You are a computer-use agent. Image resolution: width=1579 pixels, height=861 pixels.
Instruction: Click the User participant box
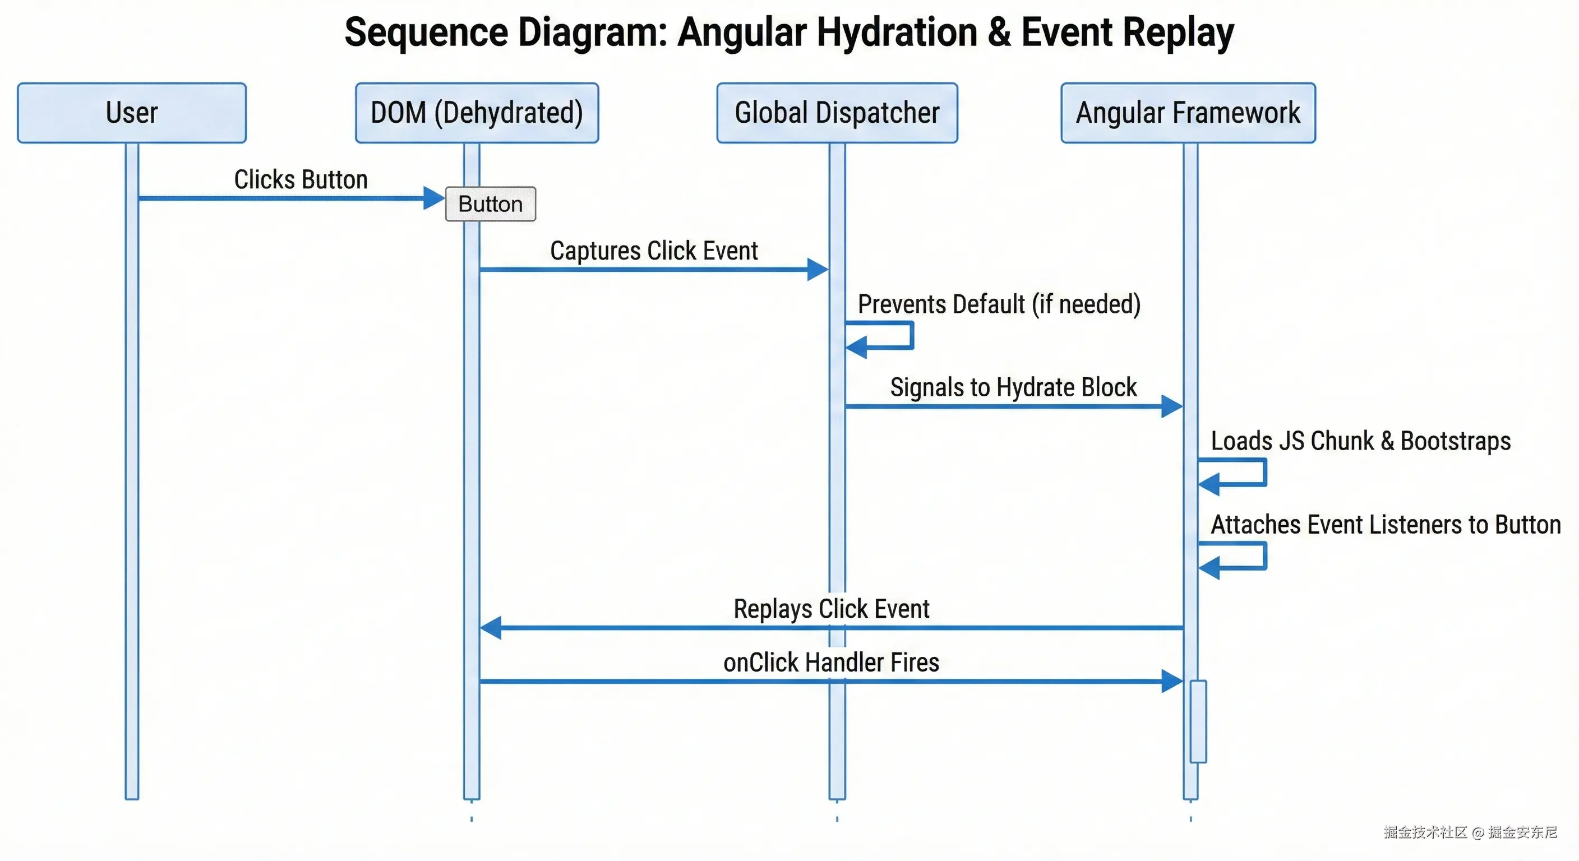click(x=132, y=113)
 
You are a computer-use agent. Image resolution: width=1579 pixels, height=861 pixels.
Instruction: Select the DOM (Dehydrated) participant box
click(x=477, y=113)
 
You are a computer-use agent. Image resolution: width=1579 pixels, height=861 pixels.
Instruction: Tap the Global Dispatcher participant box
click(x=837, y=113)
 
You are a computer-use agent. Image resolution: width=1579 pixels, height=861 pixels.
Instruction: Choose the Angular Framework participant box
click(x=1188, y=113)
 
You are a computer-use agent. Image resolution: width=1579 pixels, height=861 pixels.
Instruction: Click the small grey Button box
click(x=491, y=204)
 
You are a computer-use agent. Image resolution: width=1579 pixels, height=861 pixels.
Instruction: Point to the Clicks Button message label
click(x=301, y=179)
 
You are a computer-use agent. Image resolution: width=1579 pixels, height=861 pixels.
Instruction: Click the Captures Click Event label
click(x=654, y=251)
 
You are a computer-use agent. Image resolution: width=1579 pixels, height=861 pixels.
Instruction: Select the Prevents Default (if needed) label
click(x=999, y=304)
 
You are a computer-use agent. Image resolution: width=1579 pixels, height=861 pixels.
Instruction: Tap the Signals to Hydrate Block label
click(x=1013, y=387)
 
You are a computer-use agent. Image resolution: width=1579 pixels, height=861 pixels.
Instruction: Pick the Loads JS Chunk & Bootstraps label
click(x=1360, y=441)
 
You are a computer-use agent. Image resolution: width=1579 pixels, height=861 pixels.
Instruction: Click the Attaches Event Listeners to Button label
click(x=1386, y=525)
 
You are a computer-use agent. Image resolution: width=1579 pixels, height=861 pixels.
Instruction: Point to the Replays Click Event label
click(x=831, y=609)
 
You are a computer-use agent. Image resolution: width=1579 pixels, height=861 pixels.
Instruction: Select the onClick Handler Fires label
click(x=831, y=663)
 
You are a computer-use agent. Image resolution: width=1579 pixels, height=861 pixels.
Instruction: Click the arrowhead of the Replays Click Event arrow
click(x=491, y=627)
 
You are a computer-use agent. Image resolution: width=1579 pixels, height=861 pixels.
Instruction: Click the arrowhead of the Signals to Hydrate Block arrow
click(x=1171, y=406)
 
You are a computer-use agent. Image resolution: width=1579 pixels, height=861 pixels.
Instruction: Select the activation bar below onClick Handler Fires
click(x=1198, y=721)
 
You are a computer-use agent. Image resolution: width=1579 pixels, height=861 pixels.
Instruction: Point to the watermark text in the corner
click(x=1470, y=832)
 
